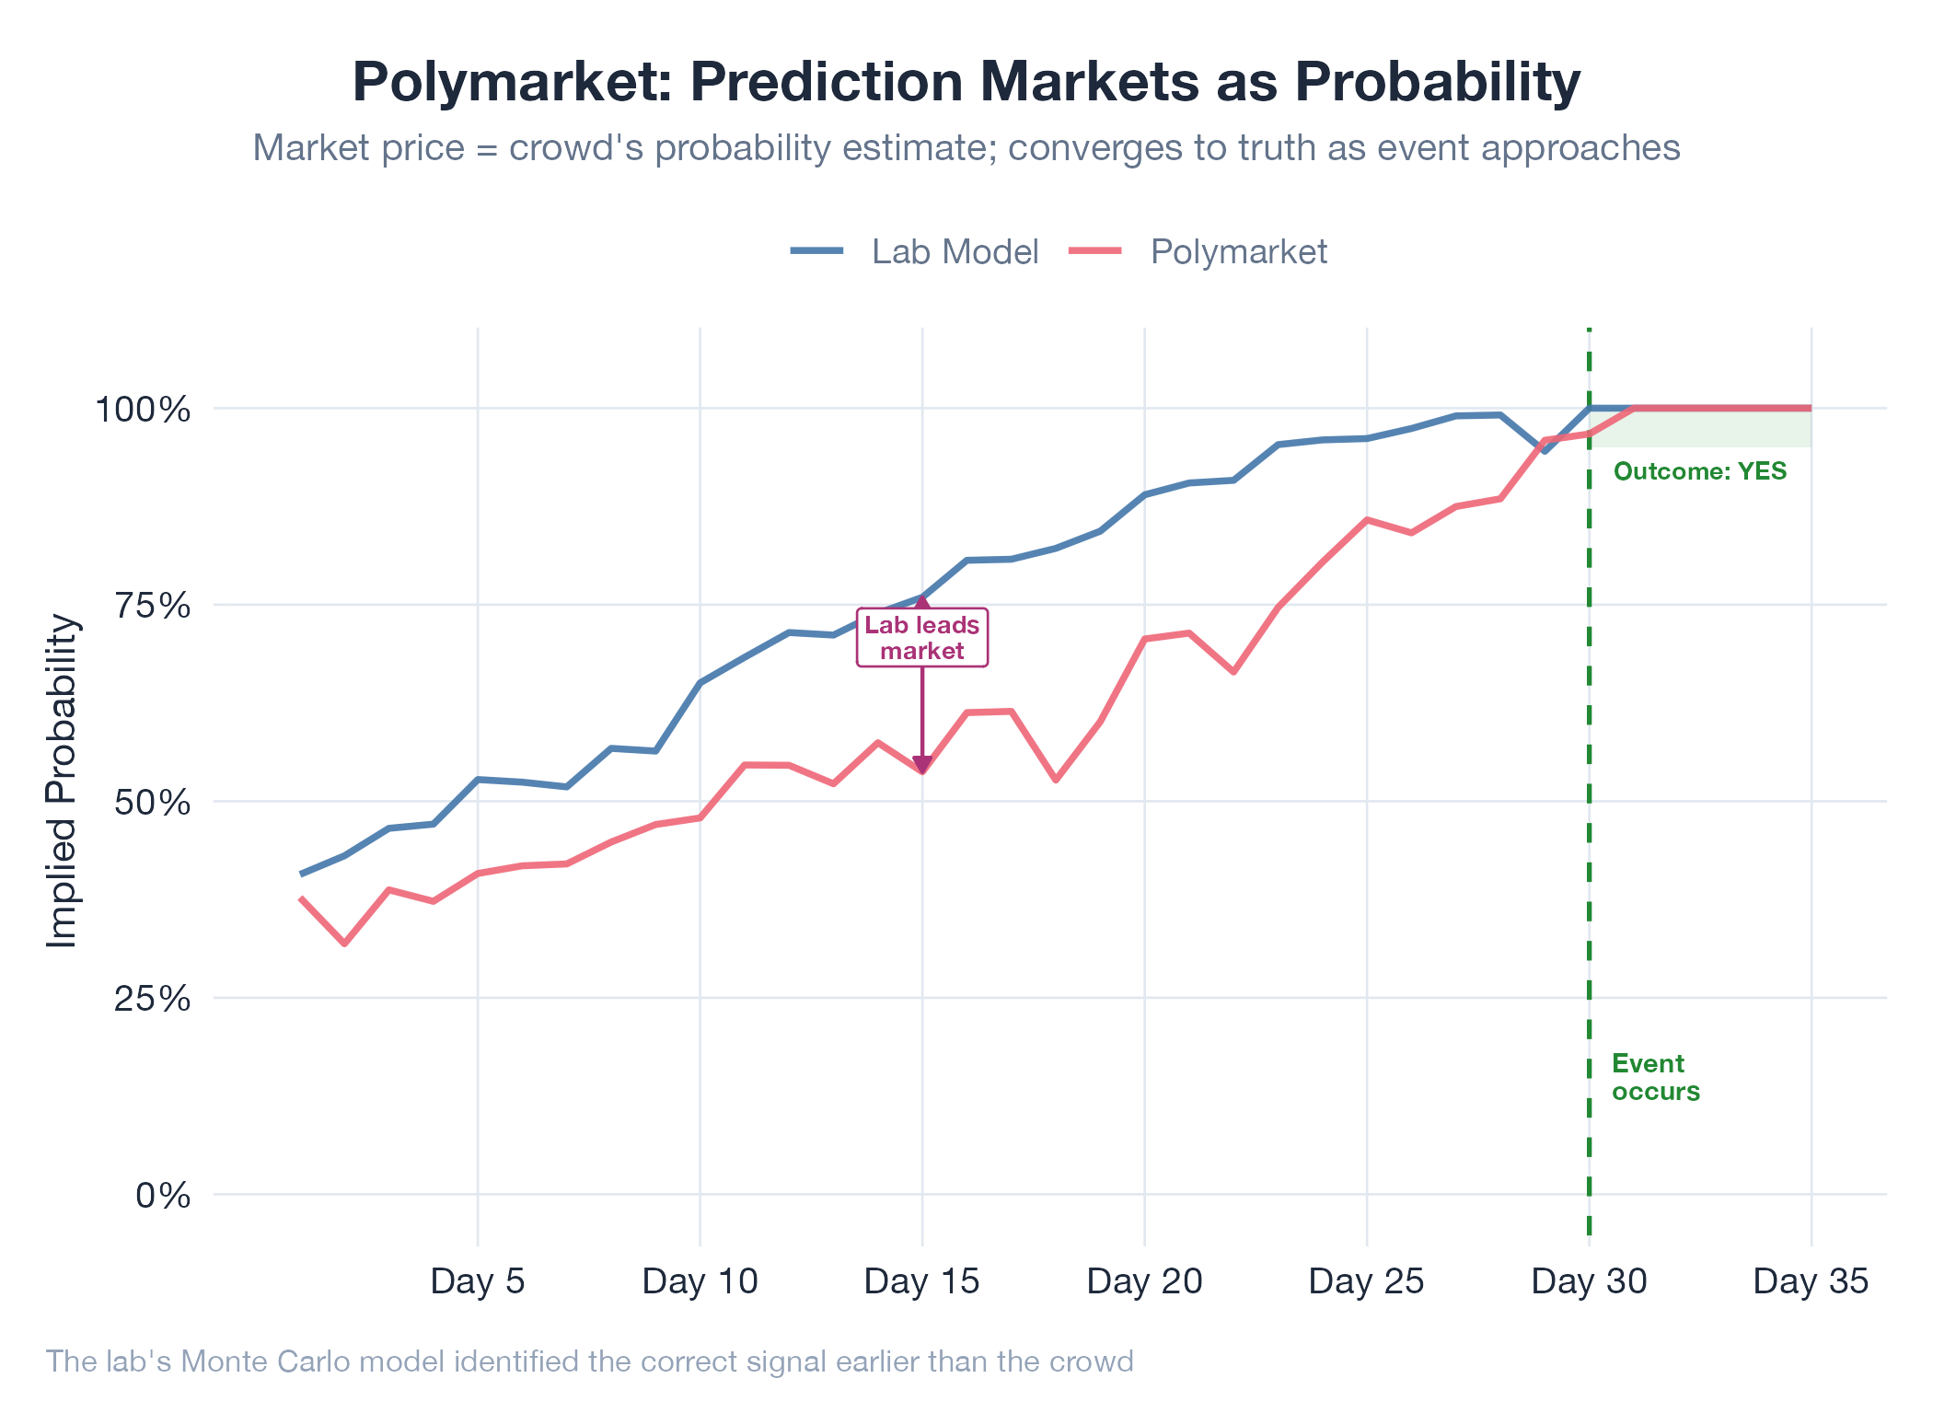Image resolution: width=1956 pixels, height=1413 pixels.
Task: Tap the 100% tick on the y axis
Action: pos(144,410)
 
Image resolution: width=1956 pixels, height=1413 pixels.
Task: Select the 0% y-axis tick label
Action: pos(163,1196)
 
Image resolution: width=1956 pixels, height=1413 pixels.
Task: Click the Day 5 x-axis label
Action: pos(478,1280)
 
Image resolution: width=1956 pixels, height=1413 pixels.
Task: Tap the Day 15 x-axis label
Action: pos(921,1280)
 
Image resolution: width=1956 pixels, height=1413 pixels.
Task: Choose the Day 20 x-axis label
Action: pos(1144,1280)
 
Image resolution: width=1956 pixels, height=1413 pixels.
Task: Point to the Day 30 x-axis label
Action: pos(1589,1280)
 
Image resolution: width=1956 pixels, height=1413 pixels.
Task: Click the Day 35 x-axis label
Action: pos(1811,1280)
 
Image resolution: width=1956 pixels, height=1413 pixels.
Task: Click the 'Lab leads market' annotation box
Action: pos(921,637)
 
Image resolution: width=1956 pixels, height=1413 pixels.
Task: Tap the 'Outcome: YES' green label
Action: pos(1700,471)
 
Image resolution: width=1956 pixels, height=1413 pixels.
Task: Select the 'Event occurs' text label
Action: pos(1655,1077)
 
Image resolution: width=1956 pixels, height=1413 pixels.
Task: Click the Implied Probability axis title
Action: pos(63,781)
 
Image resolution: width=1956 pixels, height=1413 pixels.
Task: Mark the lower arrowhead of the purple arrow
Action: pos(922,765)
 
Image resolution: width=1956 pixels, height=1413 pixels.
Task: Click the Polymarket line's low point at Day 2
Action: pos(344,944)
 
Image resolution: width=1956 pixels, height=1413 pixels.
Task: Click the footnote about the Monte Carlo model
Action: pos(589,1361)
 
